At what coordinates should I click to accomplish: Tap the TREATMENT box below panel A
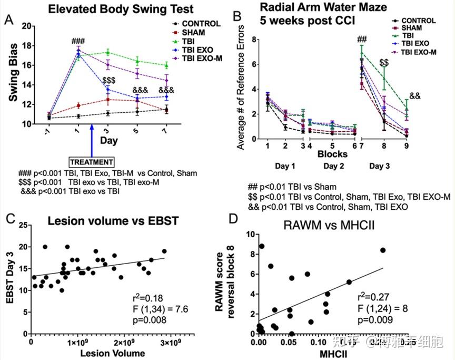(x=92, y=162)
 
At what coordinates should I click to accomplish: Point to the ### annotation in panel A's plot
(x=78, y=42)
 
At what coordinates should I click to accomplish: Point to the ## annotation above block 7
(x=362, y=38)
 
